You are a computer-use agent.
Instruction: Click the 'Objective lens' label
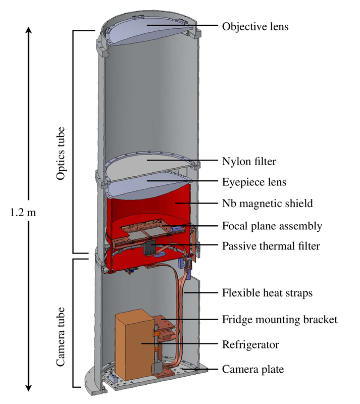[255, 26]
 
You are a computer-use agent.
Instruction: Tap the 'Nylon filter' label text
[250, 162]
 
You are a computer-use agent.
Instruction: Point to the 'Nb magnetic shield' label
[268, 204]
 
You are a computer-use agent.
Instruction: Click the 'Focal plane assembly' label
[272, 225]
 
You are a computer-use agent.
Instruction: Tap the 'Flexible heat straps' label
[267, 293]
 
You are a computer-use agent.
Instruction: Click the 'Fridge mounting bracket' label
[279, 319]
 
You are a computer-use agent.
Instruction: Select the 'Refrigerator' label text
[251, 345]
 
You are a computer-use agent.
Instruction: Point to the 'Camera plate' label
[253, 369]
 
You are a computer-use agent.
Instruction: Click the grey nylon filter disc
[146, 164]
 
